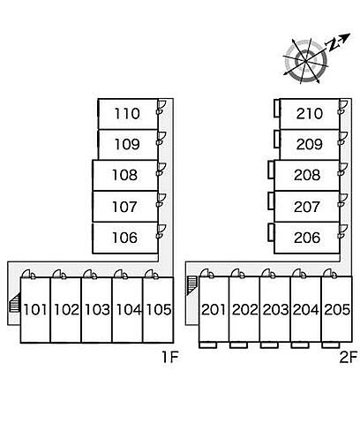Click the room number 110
tap(127, 114)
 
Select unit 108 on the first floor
tap(125, 175)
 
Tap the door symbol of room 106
tap(161, 231)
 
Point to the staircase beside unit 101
tap(14, 302)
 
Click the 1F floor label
tap(170, 358)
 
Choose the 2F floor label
tap(349, 358)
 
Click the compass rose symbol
tap(306, 61)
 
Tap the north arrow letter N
tap(333, 45)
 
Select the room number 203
tap(275, 310)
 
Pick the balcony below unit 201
tap(208, 344)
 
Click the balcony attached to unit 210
tap(277, 108)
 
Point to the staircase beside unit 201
tap(191, 285)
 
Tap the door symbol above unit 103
tap(90, 274)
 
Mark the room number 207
tap(307, 207)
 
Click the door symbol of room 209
tap(343, 139)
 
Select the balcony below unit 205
tap(331, 344)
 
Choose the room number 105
tap(159, 310)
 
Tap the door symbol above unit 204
tap(299, 274)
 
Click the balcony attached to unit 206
tap(271, 232)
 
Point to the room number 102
tap(67, 310)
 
